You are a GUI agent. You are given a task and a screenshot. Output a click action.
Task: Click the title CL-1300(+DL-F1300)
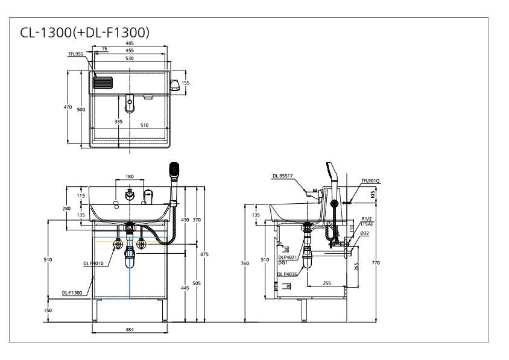coord(84,33)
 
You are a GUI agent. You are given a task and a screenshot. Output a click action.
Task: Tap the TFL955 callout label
coord(75,54)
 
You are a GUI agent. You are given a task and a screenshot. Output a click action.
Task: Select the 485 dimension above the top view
coord(130,43)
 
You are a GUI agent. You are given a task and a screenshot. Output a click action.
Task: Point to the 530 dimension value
coord(130,58)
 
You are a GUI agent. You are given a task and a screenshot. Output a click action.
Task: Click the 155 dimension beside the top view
coord(185,83)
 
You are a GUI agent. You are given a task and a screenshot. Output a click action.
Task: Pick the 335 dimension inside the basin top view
coord(118,122)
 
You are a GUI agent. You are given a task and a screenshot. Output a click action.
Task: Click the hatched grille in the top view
coord(103,83)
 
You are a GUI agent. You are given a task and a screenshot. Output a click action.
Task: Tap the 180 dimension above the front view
coord(129,177)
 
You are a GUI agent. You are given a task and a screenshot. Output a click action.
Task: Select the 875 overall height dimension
coord(204,254)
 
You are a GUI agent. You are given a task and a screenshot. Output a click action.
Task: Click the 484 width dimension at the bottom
coord(130,330)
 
